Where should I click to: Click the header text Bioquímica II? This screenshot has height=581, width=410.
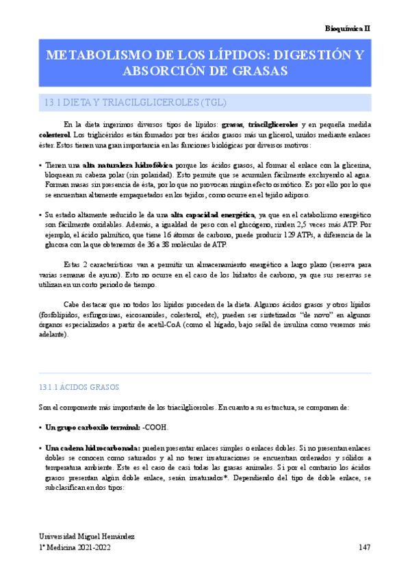coord(347,28)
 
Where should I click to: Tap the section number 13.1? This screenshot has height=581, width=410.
coord(52,103)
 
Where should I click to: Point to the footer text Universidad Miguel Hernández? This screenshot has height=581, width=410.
coord(86,535)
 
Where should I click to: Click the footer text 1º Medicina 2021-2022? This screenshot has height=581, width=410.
coord(75,547)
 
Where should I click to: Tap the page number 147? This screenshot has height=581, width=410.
coord(365,547)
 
